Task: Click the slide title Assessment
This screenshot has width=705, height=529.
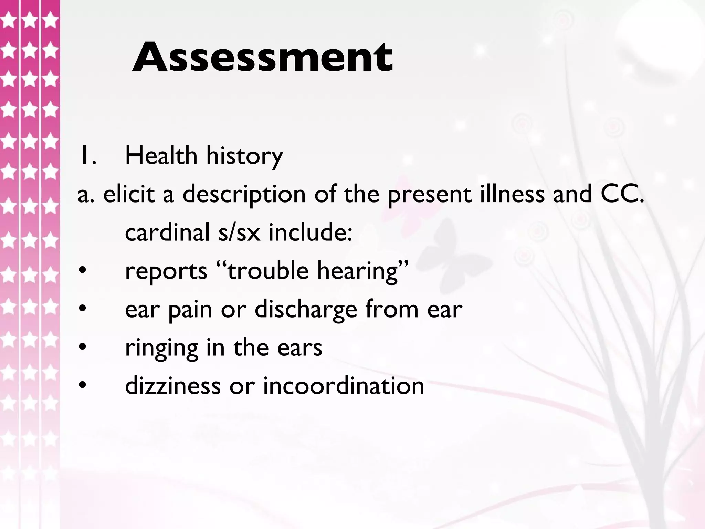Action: pos(262,57)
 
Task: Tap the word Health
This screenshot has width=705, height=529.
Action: pos(161,156)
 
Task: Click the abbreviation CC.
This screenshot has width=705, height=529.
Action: pos(622,194)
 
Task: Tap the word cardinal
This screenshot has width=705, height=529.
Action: pos(167,232)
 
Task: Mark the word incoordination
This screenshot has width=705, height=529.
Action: pos(344,386)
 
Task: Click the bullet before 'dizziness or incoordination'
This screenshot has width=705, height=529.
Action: pos(82,386)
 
